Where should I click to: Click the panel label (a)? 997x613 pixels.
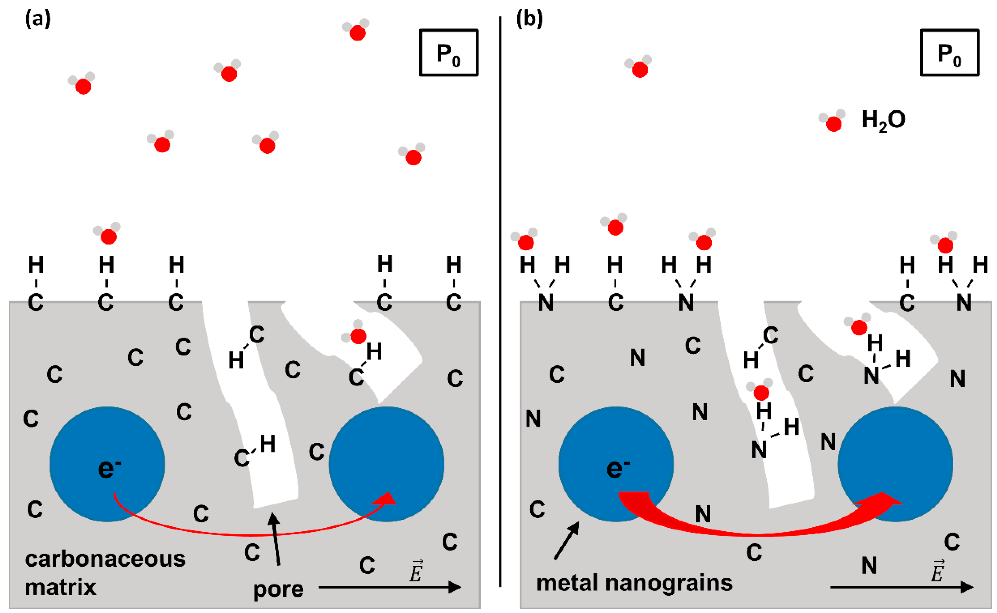(38, 19)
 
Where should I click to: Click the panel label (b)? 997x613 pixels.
(529, 19)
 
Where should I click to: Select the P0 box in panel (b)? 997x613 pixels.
(949, 53)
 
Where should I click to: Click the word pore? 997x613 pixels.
(278, 589)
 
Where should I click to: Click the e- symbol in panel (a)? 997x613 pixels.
(109, 468)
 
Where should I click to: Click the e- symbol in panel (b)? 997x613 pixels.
(617, 468)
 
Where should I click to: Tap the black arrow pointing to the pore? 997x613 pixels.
(276, 539)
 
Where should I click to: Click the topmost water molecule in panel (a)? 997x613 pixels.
(356, 30)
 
